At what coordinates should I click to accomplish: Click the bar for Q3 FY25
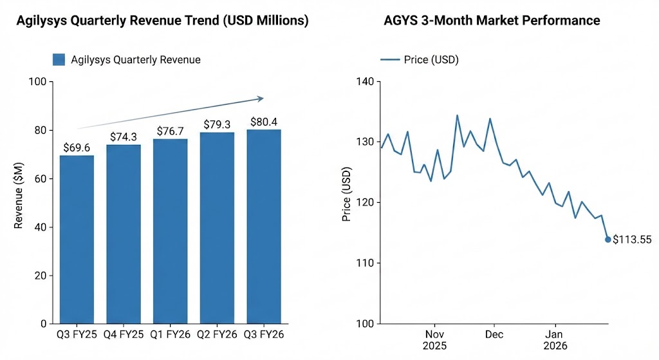(x=77, y=239)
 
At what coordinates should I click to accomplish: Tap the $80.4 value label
(x=264, y=122)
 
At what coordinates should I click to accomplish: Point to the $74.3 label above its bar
(x=124, y=137)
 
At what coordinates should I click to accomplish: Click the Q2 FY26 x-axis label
(x=217, y=335)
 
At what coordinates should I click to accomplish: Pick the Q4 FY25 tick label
(x=124, y=335)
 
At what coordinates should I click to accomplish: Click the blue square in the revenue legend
(x=59, y=60)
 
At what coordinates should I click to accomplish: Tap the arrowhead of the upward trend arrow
(x=260, y=99)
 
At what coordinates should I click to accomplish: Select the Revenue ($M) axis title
(x=19, y=203)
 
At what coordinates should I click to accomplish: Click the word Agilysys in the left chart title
(x=43, y=21)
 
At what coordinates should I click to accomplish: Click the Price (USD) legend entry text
(x=431, y=60)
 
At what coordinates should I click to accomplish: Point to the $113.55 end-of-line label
(x=632, y=240)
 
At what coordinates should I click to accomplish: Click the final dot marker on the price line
(x=608, y=240)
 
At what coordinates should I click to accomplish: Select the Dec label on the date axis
(x=494, y=335)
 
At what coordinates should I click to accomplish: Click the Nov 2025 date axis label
(x=435, y=340)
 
